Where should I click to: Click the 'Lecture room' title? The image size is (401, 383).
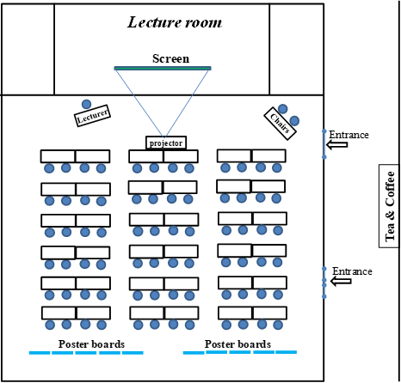(x=175, y=22)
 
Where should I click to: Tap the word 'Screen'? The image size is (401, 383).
(x=170, y=58)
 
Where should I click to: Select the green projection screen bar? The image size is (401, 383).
(x=163, y=68)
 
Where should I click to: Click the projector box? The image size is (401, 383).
(x=166, y=143)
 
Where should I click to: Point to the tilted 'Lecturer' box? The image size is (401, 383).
(x=92, y=116)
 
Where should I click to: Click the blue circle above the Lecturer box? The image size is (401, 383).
(x=86, y=105)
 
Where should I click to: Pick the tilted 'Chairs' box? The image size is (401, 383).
(x=280, y=124)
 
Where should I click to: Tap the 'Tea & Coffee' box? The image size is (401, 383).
(x=389, y=206)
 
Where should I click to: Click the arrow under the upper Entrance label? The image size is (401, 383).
(x=337, y=145)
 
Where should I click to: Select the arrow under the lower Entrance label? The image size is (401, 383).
(x=341, y=281)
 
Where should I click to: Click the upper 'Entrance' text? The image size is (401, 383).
(x=349, y=135)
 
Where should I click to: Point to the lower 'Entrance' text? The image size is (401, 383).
(x=352, y=271)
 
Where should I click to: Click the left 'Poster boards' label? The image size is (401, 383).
(x=91, y=344)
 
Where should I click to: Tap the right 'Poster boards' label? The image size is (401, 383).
(x=238, y=344)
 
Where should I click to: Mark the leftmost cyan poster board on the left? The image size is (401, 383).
(x=40, y=353)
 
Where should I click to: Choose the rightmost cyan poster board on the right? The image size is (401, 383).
(x=287, y=352)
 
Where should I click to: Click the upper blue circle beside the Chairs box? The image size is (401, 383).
(x=283, y=109)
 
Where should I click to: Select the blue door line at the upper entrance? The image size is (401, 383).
(x=324, y=144)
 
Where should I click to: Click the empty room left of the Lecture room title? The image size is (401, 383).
(x=28, y=49)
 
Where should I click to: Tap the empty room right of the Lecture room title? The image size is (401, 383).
(x=297, y=49)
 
